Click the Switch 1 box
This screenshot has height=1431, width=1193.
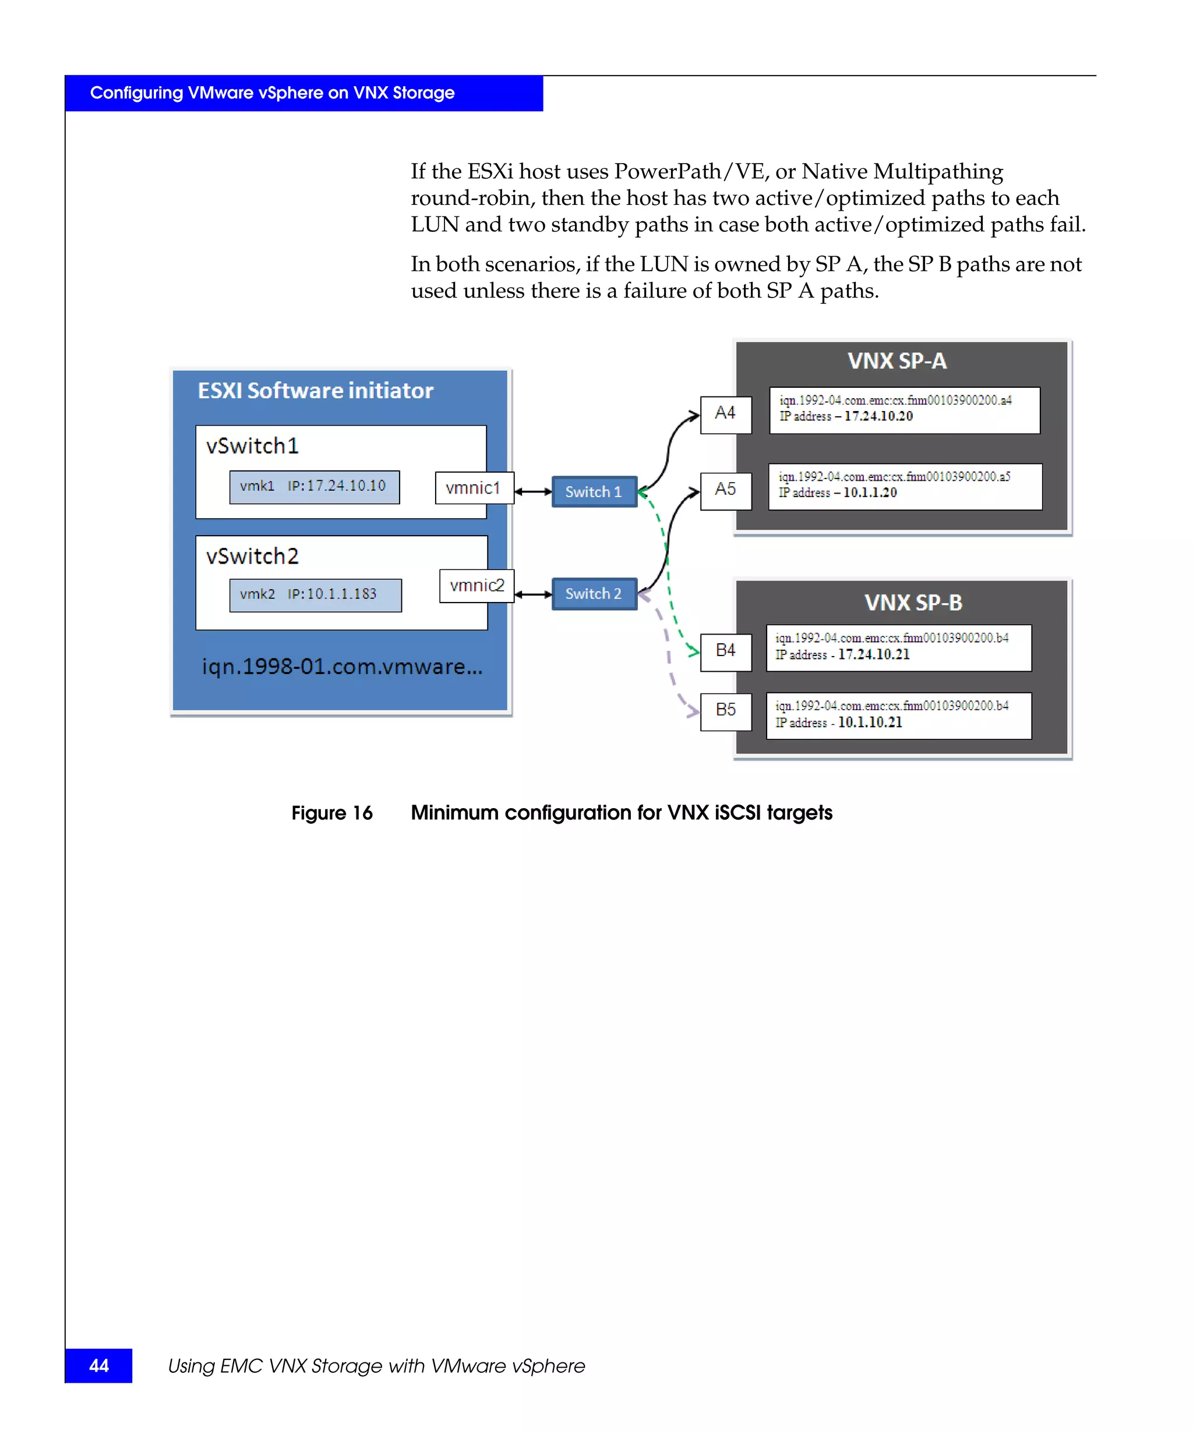[x=594, y=491]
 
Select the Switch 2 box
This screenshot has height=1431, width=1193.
[x=594, y=593]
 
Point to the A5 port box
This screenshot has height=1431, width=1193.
[x=725, y=491]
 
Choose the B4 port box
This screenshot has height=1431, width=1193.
[x=725, y=651]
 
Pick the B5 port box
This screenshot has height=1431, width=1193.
[x=725, y=711]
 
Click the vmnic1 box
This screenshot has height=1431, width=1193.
[x=474, y=488]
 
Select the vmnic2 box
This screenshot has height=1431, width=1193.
[x=477, y=585]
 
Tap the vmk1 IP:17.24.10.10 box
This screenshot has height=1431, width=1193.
[x=315, y=487]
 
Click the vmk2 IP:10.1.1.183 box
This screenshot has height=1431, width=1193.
[x=315, y=595]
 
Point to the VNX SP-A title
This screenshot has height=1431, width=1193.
[x=896, y=361]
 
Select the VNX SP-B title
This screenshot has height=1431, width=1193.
[x=913, y=603]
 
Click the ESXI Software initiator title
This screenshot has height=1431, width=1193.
[x=315, y=391]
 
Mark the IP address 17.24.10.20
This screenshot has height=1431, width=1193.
[x=878, y=416]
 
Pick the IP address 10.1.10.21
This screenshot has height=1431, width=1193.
[x=869, y=722]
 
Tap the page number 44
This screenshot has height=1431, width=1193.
[x=99, y=1366]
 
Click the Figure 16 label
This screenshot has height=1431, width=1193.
[x=332, y=813]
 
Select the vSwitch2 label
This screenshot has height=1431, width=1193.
[x=252, y=557]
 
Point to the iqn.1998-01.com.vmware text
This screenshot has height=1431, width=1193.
[x=342, y=667]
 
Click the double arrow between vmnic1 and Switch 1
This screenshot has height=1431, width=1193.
[x=532, y=491]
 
